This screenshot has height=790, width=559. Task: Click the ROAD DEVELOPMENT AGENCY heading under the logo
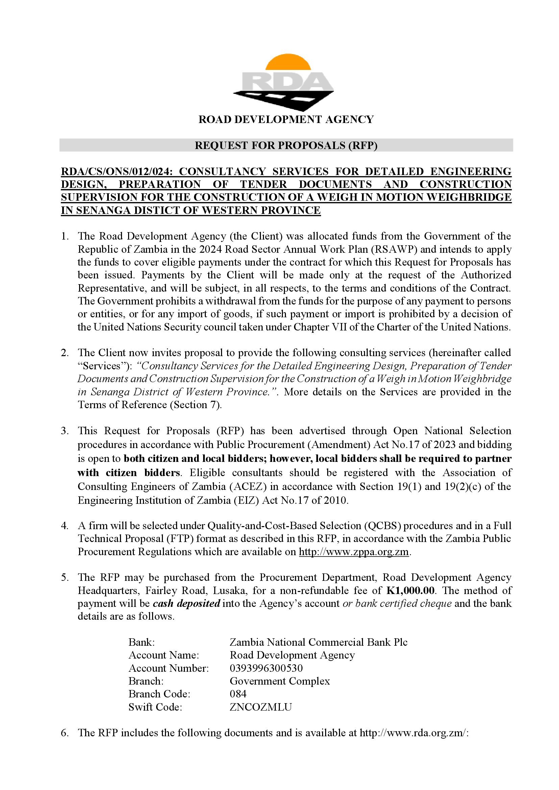(286, 119)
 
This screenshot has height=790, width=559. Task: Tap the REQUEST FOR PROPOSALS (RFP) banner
(286, 146)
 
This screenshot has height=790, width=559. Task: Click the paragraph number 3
(64, 431)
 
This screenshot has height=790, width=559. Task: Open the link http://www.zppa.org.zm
(354, 552)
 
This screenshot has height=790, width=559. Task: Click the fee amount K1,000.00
(410, 590)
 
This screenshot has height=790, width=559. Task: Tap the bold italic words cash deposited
(186, 603)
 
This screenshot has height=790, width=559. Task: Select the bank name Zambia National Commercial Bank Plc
(318, 642)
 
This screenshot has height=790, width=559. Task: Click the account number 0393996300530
(266, 668)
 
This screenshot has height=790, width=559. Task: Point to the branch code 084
(238, 694)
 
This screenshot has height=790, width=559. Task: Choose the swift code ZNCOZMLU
(261, 707)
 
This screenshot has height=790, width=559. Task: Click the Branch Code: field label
(159, 694)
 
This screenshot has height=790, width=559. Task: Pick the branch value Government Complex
(279, 681)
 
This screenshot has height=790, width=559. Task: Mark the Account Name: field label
(164, 655)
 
